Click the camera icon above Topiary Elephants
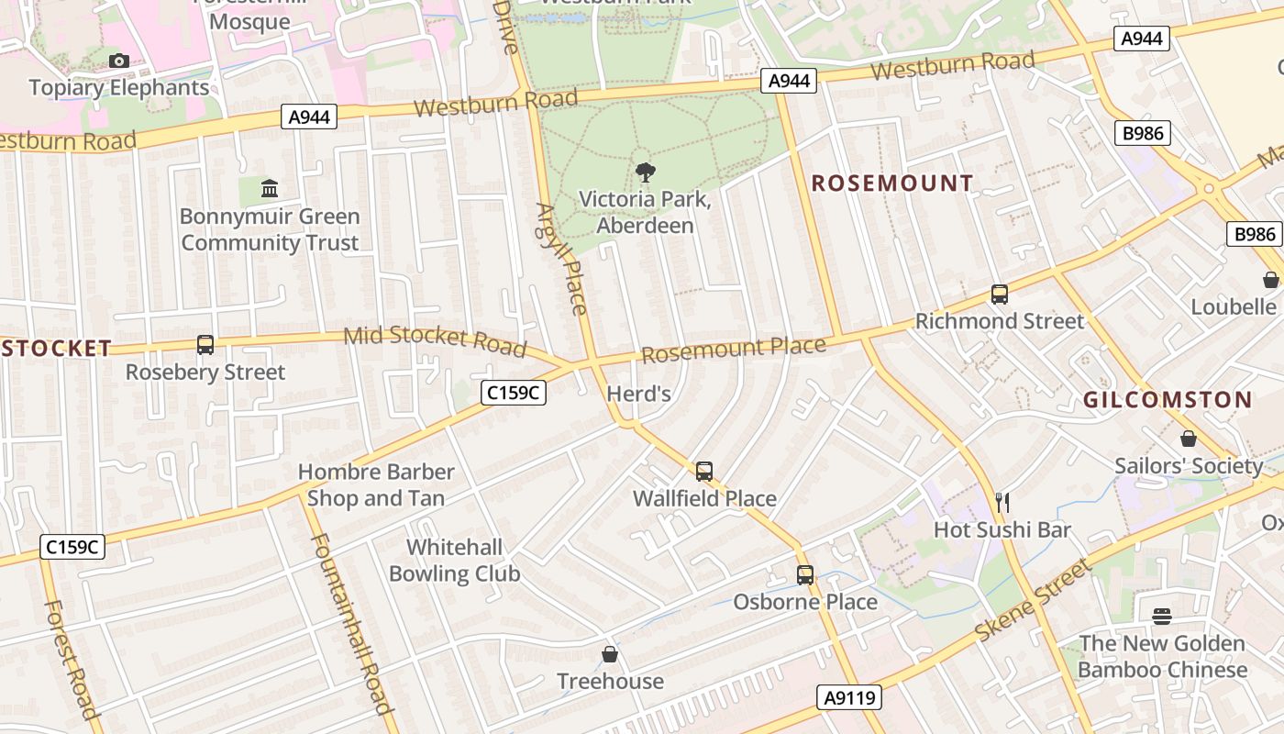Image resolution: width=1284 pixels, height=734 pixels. pos(118,61)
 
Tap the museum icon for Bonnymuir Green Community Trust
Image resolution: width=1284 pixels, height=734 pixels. pos(270,188)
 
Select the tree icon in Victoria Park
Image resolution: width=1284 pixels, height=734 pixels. pos(645,172)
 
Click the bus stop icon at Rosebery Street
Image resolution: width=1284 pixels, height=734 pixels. pos(205,345)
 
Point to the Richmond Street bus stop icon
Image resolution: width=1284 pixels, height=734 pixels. pos(999,295)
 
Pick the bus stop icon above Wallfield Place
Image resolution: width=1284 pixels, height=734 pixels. pos(703,472)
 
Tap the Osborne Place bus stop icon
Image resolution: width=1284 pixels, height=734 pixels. pos(804,575)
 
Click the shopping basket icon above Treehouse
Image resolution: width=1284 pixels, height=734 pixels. pos(610,655)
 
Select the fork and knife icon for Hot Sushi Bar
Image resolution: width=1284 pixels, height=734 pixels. pos(1002,503)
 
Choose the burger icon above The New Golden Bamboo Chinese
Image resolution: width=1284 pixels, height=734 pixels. pos(1162,617)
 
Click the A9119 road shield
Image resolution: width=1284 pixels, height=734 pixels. pos(849,697)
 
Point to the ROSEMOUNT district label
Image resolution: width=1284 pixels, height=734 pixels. pos(892,183)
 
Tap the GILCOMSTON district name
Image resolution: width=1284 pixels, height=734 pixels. pos(1167,400)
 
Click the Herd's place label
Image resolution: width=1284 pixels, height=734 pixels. pos(639,395)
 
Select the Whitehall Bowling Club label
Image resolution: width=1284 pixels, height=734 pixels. pos(455,561)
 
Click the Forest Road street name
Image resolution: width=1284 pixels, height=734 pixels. pos(72,659)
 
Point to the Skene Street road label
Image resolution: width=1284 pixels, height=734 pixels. pos(1033,601)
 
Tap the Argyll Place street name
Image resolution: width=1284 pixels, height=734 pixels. pos(560,259)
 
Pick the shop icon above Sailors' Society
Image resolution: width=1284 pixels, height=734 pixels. pos(1188,439)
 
